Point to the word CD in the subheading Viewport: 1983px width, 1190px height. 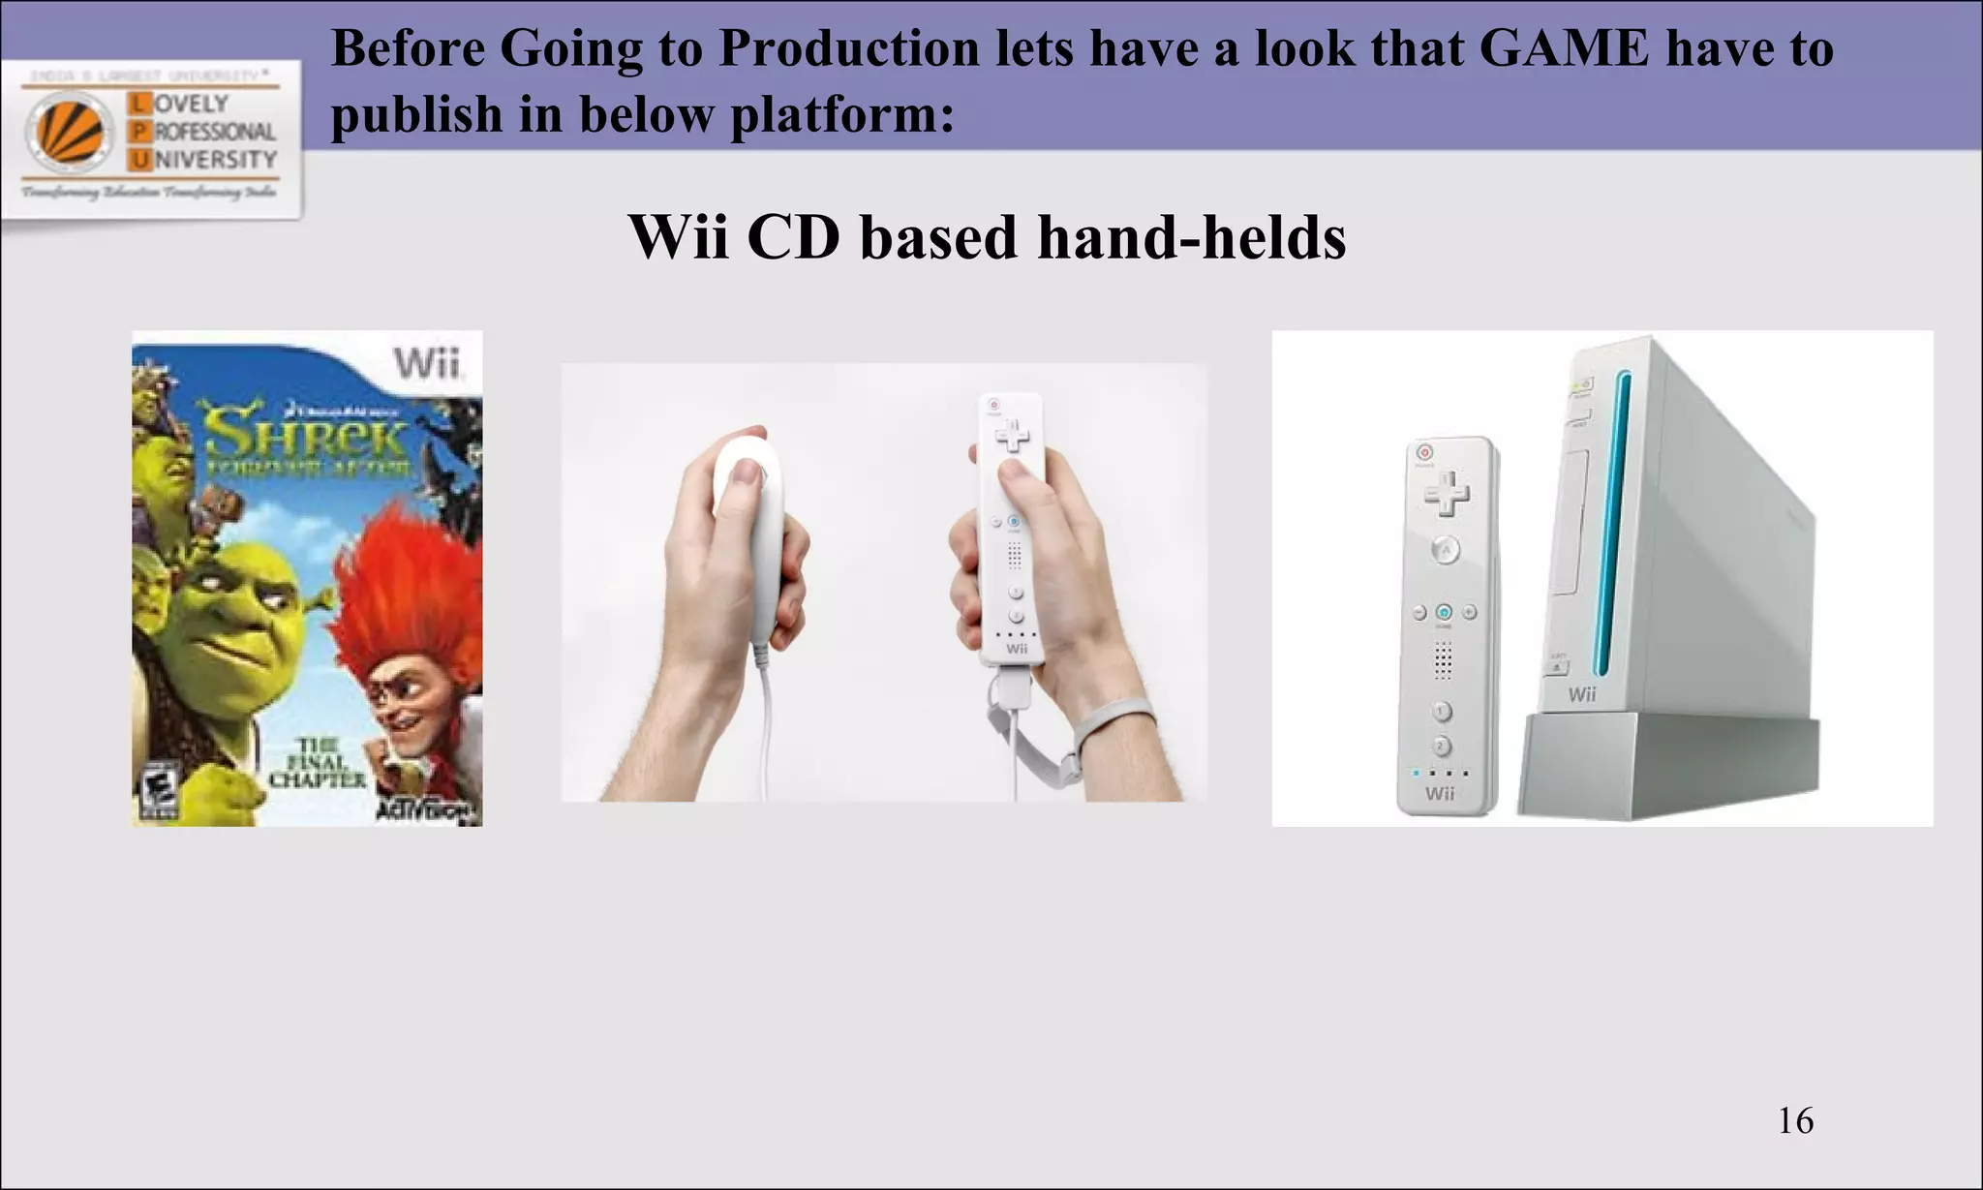point(793,236)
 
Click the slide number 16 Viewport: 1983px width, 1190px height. point(1795,1120)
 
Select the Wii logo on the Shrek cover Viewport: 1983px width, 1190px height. point(425,365)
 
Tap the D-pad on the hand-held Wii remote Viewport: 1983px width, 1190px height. point(1013,436)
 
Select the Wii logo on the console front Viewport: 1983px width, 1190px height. point(1581,694)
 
